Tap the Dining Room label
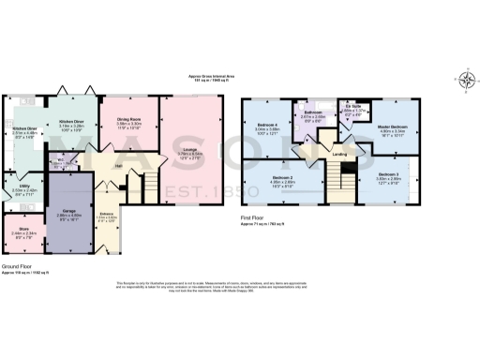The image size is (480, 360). point(127,119)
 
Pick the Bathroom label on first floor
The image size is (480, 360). point(313,113)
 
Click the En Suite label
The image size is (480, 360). point(351,107)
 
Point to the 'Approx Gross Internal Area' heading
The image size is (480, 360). point(199,78)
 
